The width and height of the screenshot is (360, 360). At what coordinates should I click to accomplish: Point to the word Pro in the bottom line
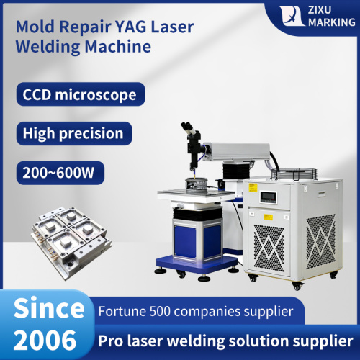click(114, 339)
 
